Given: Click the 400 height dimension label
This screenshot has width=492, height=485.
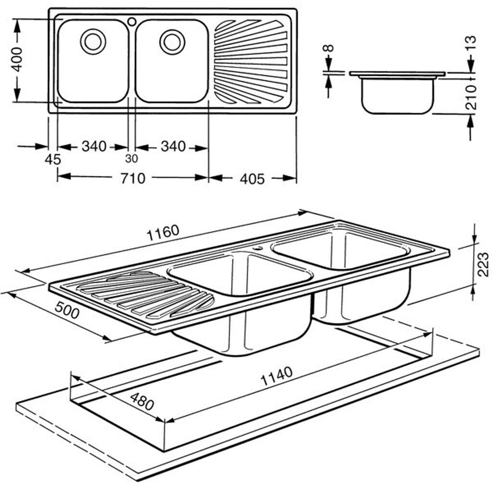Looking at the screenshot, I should coord(17,60).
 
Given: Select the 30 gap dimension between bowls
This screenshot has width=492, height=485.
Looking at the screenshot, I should coord(132,159).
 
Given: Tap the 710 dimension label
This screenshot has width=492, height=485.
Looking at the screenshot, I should coord(133,179).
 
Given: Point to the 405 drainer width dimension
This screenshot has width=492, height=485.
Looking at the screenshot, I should coord(252,179).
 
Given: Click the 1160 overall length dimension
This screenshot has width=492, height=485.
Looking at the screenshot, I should coord(163,233).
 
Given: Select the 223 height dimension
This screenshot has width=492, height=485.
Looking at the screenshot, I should coord(483,264).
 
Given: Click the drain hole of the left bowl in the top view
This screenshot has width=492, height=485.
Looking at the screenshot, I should coord(93,41).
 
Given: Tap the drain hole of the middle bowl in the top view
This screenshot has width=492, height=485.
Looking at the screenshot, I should coord(172,41).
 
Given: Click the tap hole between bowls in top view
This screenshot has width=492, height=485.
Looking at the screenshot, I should coord(132,22).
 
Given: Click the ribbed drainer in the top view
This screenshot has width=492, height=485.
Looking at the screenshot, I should coord(251,62).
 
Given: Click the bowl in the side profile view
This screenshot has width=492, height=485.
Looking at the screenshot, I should coord(397,96).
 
